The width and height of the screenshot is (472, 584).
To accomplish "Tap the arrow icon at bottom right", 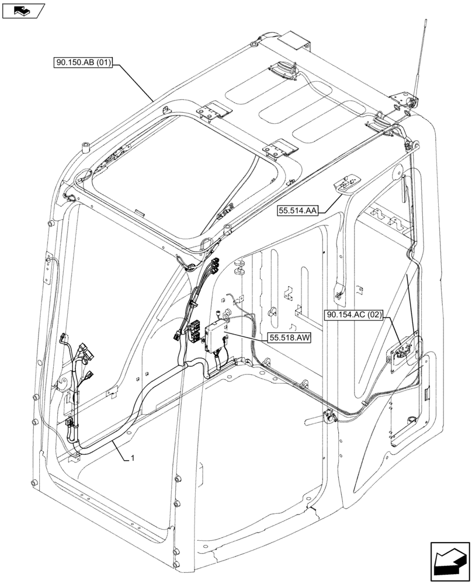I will [x=449, y=561].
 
